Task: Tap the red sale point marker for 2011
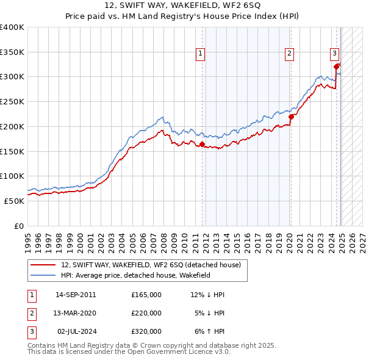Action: (x=202, y=144)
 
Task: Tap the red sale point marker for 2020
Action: (x=291, y=117)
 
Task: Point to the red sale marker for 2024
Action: (x=337, y=67)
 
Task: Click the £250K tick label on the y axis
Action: (x=12, y=101)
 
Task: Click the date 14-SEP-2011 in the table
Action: (x=76, y=294)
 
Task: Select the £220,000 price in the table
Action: (x=146, y=313)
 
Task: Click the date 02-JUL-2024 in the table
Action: (x=76, y=331)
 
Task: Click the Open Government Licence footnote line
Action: (x=120, y=352)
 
